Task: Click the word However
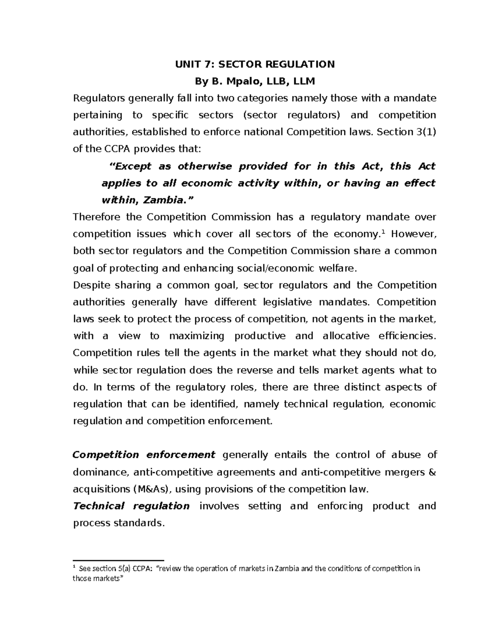click(413, 234)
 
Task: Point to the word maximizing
click(197, 336)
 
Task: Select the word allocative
click(346, 336)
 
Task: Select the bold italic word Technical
click(98, 506)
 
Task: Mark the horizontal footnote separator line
click(119, 560)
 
